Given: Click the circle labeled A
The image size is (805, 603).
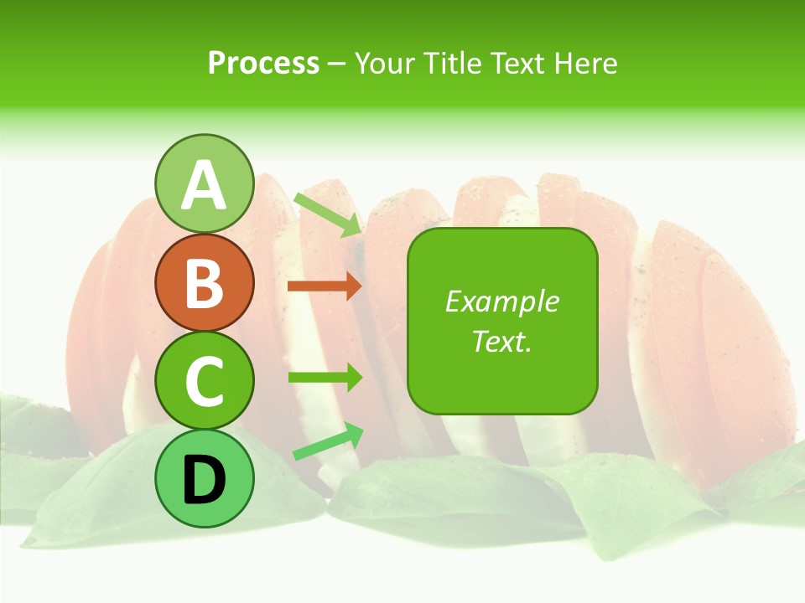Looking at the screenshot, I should [204, 183].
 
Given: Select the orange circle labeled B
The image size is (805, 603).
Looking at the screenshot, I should [204, 282].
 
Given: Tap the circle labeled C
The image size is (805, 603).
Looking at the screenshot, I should [204, 381].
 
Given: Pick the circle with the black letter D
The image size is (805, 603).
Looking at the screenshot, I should [204, 479].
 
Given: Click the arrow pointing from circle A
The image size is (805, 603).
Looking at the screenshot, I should [327, 214].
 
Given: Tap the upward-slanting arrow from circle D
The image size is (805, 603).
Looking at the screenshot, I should [328, 441].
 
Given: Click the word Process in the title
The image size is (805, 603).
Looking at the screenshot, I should [263, 63].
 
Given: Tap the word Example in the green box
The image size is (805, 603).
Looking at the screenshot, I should [501, 301].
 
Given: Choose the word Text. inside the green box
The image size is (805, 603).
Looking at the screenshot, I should [501, 341].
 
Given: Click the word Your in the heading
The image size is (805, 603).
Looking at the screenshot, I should [383, 63].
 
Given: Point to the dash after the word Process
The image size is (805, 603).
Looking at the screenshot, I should [336, 64].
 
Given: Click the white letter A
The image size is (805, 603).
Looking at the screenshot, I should [204, 185].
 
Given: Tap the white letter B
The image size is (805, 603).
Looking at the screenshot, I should [204, 282].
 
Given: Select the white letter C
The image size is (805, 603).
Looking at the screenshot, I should [204, 381].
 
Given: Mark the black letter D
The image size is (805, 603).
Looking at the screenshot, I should [204, 480].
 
